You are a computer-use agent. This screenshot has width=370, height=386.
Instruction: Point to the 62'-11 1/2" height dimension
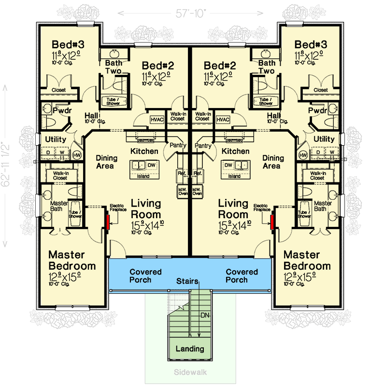coord(6,164)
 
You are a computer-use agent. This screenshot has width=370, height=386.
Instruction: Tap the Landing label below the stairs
coord(189,349)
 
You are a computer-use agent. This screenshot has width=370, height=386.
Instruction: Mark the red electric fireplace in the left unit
coord(107,221)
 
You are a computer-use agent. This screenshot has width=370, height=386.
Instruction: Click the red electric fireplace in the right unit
coord(272,221)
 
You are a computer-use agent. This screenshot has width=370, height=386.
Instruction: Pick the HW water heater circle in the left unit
coord(77,155)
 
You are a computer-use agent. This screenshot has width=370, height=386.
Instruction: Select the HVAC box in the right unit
coord(223,120)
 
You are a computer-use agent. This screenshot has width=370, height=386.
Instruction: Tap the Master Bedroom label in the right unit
coord(307,260)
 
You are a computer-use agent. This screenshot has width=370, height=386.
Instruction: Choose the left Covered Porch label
coord(145,276)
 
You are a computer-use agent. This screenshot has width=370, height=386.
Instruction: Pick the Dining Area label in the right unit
coord(273,162)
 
